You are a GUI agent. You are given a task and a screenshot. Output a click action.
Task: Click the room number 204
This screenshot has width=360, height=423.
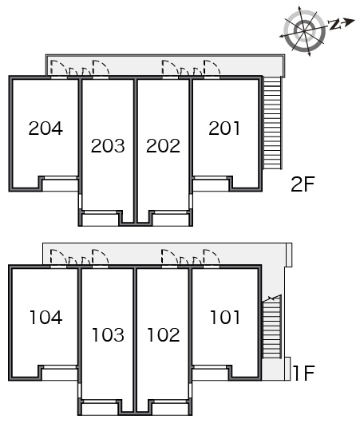45,128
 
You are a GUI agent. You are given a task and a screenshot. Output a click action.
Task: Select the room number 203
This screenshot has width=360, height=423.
108,146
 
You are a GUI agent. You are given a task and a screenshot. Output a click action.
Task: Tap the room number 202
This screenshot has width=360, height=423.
164,146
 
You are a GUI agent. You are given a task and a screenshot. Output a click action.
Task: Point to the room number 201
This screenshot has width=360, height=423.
224,128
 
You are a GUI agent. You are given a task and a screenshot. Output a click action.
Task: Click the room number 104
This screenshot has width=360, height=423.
45,318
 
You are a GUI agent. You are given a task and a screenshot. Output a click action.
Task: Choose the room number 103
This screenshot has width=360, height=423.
109,334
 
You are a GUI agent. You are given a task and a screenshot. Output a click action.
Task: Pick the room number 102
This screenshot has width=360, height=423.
164,334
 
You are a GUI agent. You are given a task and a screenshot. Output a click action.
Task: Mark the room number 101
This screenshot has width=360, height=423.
225,318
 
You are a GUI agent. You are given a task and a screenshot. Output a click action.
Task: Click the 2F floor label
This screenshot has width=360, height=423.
303,184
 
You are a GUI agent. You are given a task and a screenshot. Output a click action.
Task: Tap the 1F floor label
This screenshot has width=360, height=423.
304,373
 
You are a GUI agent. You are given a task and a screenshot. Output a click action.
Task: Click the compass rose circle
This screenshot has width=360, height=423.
304,31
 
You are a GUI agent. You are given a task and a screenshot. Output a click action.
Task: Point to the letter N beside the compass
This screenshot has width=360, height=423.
334,24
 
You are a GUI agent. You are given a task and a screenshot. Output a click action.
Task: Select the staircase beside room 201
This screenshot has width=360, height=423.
272,123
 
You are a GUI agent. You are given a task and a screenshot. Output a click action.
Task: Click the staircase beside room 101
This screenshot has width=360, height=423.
272,326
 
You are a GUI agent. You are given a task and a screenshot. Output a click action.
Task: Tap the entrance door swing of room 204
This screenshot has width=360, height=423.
59,68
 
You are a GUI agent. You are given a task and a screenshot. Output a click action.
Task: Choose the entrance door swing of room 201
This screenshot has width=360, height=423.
212,68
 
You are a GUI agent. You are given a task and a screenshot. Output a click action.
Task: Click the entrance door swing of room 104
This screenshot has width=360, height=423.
58,256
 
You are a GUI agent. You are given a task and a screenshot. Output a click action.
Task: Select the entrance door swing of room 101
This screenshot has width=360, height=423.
212,256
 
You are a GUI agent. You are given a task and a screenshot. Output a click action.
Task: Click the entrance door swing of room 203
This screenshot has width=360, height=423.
101,68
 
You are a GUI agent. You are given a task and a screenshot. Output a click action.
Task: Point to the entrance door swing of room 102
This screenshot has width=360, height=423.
170,256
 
